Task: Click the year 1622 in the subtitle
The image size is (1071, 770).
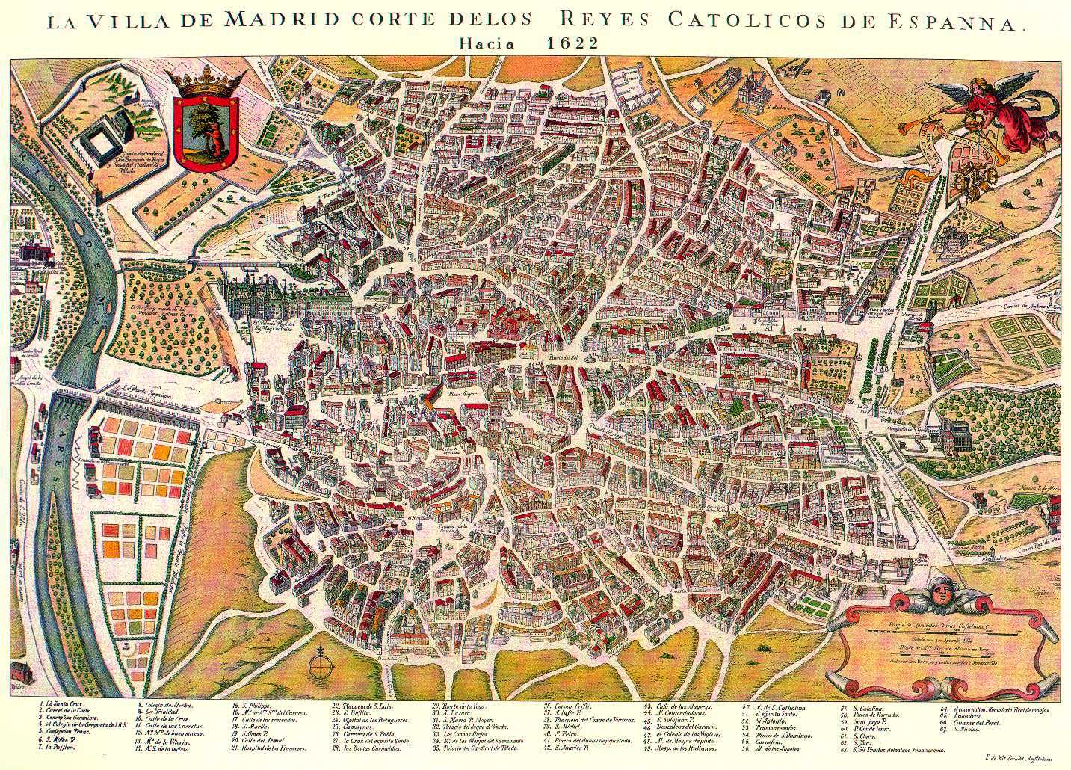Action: (572, 43)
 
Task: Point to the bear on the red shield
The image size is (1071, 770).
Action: (214, 135)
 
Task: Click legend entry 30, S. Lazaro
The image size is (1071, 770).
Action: (454, 712)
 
